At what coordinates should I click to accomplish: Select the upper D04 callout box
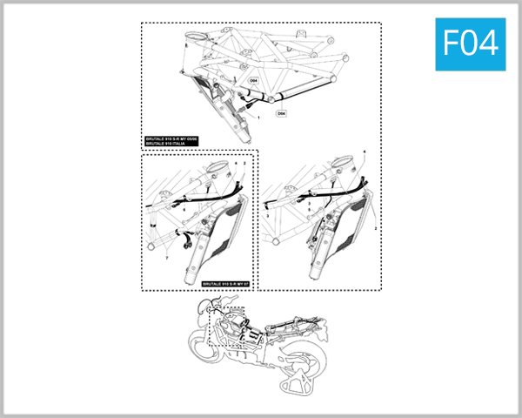click(x=254, y=80)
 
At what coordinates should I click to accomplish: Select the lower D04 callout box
click(x=282, y=113)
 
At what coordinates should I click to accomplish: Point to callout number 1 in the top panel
click(x=260, y=116)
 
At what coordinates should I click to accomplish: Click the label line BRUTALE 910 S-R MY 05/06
click(x=172, y=139)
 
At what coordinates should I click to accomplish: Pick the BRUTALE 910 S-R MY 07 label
click(x=224, y=284)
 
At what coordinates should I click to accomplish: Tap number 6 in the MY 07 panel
click(x=184, y=210)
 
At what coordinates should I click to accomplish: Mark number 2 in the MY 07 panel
click(x=245, y=163)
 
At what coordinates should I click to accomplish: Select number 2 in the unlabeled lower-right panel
click(x=375, y=226)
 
